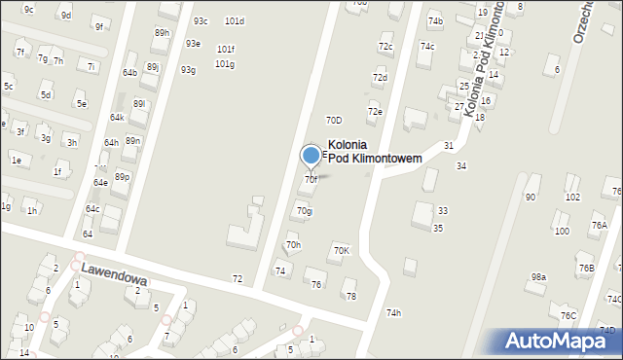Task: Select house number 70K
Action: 341,250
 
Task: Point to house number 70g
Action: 305,210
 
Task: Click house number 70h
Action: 293,244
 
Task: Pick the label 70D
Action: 334,121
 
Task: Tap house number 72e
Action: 375,111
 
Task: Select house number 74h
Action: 393,312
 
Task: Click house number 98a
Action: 538,277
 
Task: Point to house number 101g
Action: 225,64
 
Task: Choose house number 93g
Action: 188,69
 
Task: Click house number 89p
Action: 122,176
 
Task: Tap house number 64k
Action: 117,117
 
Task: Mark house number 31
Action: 449,145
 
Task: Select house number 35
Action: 438,228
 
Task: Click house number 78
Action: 351,296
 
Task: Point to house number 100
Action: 562,231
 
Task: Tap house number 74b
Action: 435,21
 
